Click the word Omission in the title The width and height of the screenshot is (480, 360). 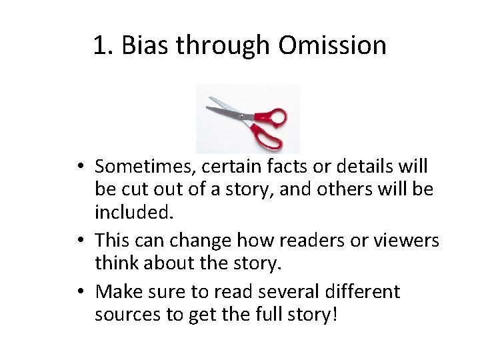(333, 45)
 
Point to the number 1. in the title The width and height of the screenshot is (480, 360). (103, 45)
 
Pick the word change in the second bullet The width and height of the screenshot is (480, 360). (211, 239)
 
